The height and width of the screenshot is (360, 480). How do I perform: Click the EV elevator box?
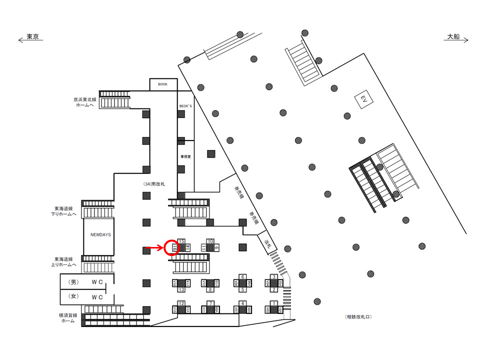pyautogui.click(x=364, y=100)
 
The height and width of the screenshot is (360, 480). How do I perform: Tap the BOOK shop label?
pyautogui.click(x=162, y=84)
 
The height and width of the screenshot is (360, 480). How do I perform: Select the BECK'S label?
pyautogui.click(x=185, y=106)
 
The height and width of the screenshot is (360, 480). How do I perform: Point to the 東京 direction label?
pyautogui.click(x=33, y=37)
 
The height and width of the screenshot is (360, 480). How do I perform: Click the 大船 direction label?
pyautogui.click(x=453, y=37)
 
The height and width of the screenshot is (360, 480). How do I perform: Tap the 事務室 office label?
pyautogui.click(x=185, y=156)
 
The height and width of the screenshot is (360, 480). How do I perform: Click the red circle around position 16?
pyautogui.click(x=171, y=247)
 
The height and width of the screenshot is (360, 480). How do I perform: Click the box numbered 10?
pyautogui.click(x=210, y=241)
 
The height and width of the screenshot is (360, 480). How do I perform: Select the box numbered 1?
pyautogui.click(x=273, y=303)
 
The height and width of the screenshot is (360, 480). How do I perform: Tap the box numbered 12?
pyautogui.click(x=182, y=303)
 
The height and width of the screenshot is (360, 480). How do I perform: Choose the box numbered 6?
pyautogui.click(x=242, y=276)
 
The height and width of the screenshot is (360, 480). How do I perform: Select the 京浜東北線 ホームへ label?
pyautogui.click(x=83, y=102)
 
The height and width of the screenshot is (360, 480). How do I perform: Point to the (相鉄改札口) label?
pyautogui.click(x=358, y=317)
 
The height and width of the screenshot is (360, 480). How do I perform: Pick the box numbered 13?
pyautogui.click(x=182, y=289)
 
